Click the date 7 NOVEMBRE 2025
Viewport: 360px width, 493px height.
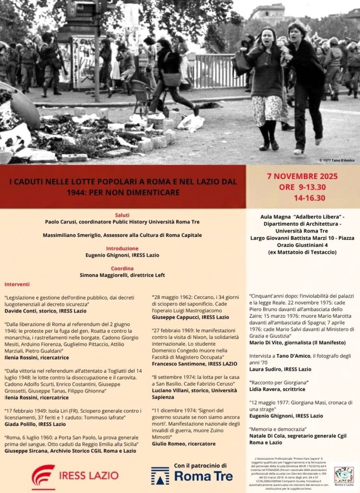click(302, 176)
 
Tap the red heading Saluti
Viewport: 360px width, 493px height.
click(122, 215)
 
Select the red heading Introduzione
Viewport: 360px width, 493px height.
click(122, 248)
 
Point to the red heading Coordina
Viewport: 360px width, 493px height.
click(122, 268)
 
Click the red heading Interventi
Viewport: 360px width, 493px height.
click(17, 285)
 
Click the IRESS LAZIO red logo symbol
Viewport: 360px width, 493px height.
click(43, 476)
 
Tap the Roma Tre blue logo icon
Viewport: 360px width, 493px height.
click(160, 476)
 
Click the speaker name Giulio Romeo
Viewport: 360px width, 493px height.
click(169, 443)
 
